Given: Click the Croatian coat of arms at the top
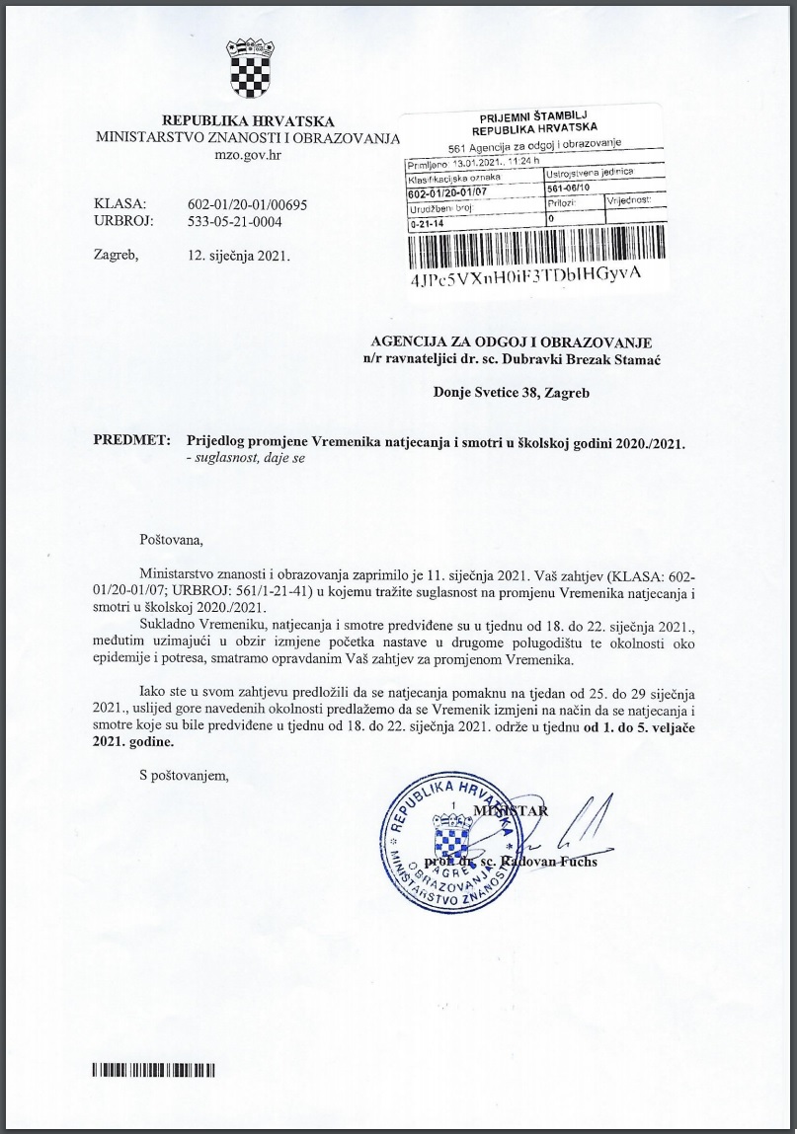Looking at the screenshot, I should (x=248, y=68).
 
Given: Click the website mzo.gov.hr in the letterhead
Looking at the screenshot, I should (x=248, y=155).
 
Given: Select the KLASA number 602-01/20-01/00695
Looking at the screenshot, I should (x=248, y=204).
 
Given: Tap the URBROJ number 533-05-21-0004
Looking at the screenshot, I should (x=235, y=222).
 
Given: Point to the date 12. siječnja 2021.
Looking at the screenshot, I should (x=238, y=255).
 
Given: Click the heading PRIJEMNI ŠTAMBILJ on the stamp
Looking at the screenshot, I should (x=533, y=117).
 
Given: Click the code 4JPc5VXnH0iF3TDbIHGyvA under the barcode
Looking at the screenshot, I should (x=524, y=276).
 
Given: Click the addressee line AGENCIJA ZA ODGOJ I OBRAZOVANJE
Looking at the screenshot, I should (x=509, y=341).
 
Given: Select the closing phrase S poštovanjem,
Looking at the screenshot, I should (x=185, y=774).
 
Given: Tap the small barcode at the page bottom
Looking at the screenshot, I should (x=153, y=1070).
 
